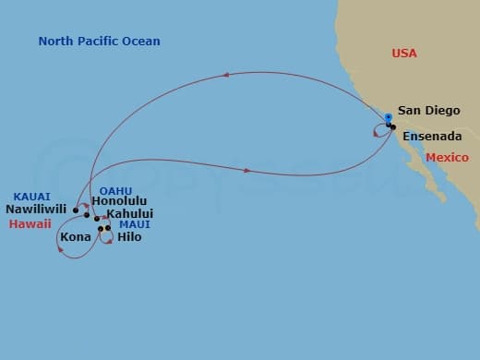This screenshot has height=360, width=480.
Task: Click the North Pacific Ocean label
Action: (100, 42)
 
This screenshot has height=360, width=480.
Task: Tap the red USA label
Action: (404, 54)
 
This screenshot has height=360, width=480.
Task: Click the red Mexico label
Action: (447, 158)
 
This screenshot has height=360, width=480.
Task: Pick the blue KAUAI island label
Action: (31, 196)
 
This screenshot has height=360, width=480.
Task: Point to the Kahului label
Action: (129, 213)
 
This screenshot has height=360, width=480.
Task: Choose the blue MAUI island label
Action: (135, 224)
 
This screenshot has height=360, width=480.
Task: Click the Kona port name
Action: (75, 237)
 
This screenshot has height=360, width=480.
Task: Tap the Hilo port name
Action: (130, 237)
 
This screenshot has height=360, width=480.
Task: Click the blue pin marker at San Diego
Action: (389, 118)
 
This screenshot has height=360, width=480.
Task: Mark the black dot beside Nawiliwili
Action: (76, 210)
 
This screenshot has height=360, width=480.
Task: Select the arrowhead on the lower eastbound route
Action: (246, 171)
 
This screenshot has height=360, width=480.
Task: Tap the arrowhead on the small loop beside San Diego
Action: (375, 135)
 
